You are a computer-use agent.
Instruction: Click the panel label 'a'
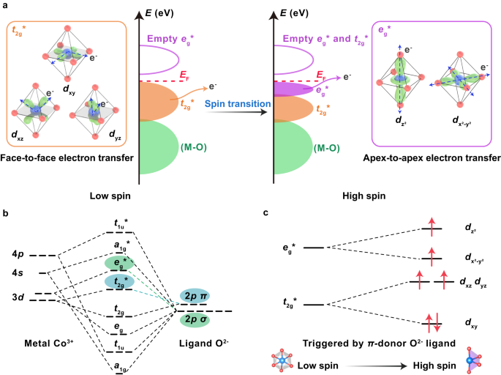tap(5, 6)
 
